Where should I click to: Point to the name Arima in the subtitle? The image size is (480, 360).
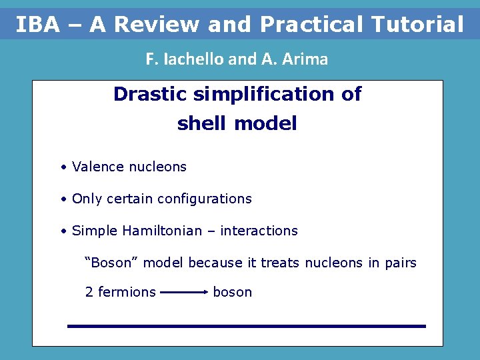tap(305, 59)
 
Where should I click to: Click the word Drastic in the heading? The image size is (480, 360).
tap(150, 94)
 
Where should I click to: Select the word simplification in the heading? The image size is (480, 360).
tap(266, 94)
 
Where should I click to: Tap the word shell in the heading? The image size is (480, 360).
tap(199, 124)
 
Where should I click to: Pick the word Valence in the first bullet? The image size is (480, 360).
tap(97, 167)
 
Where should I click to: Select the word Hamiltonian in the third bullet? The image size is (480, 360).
tap(157, 231)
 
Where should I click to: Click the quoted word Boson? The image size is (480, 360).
tap(111, 263)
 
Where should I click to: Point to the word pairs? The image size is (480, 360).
tap(400, 263)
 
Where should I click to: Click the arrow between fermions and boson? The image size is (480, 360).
tap(184, 292)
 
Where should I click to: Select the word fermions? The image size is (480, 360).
tap(127, 292)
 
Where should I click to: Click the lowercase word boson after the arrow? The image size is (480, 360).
tap(232, 292)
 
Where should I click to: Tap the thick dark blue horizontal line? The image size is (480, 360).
tap(246, 326)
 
